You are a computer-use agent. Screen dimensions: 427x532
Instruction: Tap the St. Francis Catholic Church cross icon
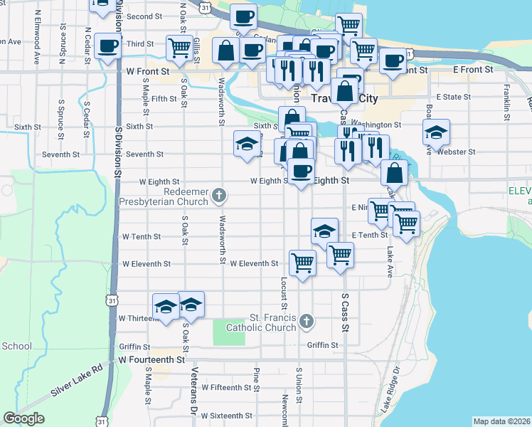pos(306,322)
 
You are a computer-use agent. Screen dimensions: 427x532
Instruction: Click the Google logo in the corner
pos(23,418)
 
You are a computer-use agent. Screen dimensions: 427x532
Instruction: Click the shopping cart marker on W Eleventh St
pos(302,263)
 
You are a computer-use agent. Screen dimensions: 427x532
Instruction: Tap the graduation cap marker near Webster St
pos(436,132)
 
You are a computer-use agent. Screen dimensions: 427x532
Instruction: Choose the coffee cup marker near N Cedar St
pos(107,46)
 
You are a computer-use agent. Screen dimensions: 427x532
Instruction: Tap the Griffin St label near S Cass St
pos(322,345)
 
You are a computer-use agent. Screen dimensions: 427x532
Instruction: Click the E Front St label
pos(473,70)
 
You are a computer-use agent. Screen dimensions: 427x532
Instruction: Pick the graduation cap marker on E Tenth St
pos(324,231)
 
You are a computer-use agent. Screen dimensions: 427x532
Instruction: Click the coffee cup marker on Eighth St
pos(301,171)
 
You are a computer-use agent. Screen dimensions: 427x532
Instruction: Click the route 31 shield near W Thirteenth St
pos(112,302)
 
